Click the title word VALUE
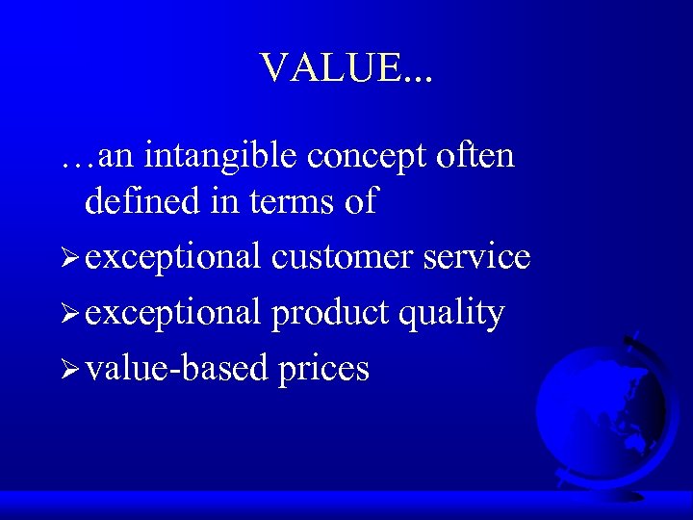[x=332, y=68]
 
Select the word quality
[x=452, y=313]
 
